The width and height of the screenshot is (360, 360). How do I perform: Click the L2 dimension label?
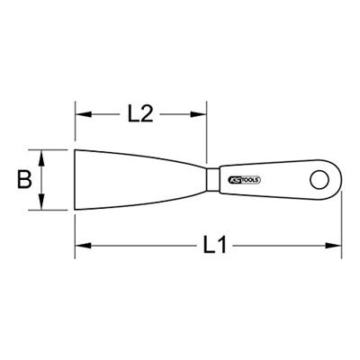coord(139,115)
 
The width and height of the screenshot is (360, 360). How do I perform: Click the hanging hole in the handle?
coord(319,179)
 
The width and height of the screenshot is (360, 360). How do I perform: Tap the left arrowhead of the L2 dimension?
coord(80,115)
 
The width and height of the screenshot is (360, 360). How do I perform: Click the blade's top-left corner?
coord(76,148)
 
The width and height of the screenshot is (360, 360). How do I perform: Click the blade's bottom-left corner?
coord(76,210)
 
